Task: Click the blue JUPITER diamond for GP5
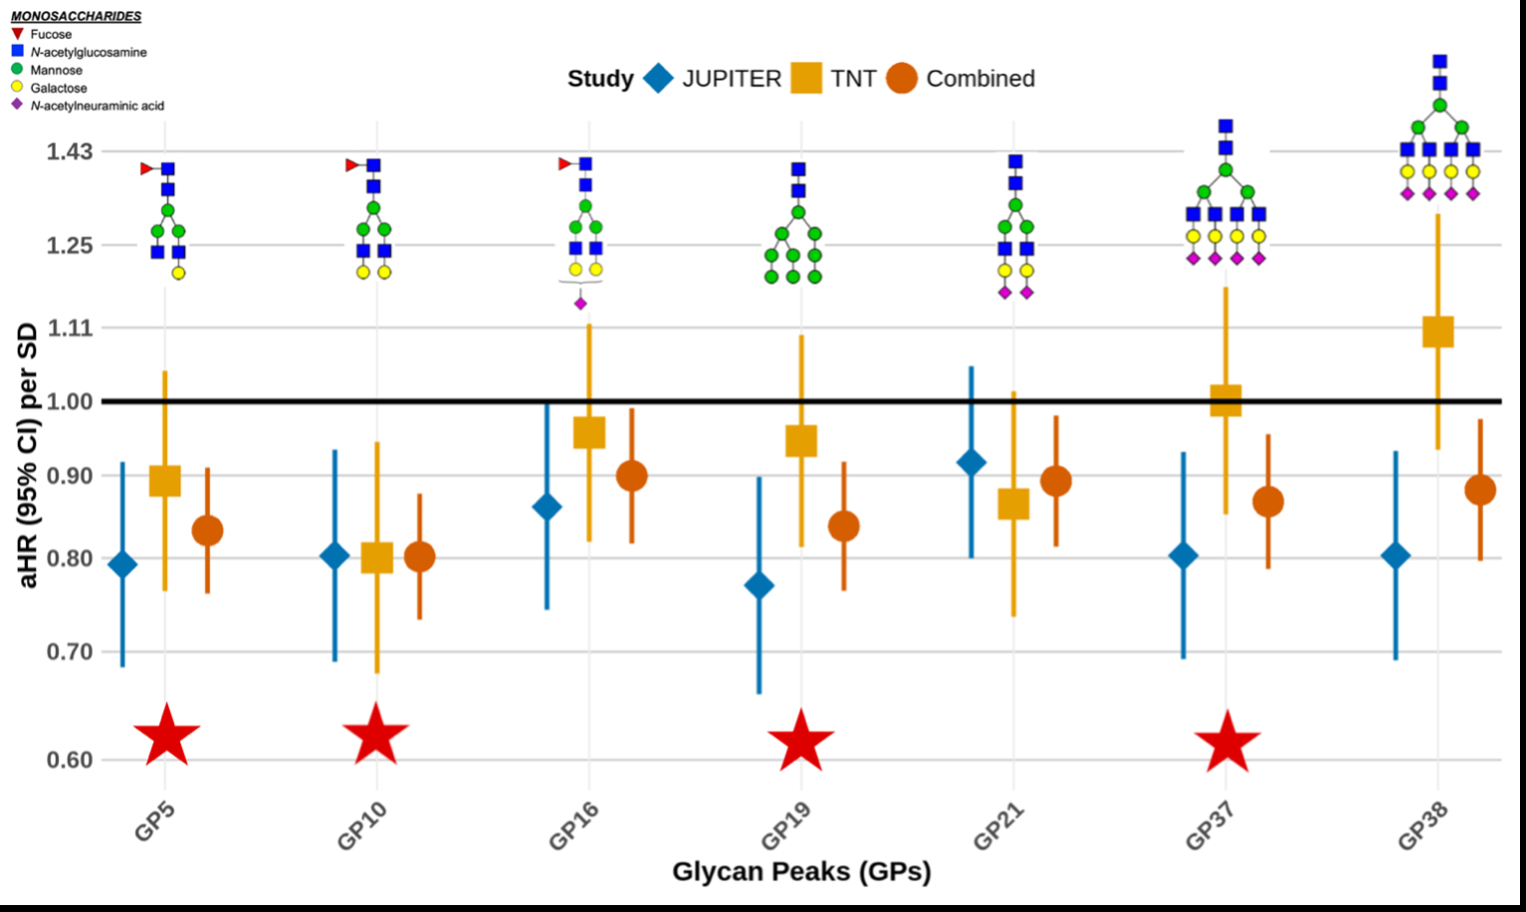click(122, 566)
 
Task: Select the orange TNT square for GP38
click(1437, 332)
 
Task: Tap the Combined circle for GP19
click(843, 527)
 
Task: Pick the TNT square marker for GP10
click(377, 558)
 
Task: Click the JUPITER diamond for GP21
click(971, 463)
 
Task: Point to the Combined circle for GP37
click(1267, 502)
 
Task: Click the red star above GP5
click(166, 736)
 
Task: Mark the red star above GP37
click(1226, 743)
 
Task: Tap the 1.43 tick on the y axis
click(69, 151)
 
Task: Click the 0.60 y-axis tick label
click(69, 760)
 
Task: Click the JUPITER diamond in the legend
click(658, 79)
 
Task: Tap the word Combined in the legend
click(980, 79)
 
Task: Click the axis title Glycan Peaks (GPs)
click(801, 872)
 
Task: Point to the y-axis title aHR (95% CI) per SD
click(28, 455)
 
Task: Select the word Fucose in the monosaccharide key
click(51, 34)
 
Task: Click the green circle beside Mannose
click(17, 70)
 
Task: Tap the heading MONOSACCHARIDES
click(76, 16)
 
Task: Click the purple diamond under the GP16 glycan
click(580, 304)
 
